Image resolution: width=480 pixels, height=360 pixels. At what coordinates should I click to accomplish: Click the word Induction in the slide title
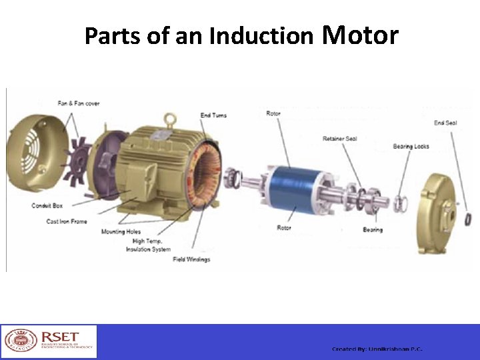pos(261,36)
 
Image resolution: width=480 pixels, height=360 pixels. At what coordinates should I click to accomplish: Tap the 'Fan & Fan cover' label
pos(79,103)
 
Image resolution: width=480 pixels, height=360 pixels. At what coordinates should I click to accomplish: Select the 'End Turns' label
pos(213,115)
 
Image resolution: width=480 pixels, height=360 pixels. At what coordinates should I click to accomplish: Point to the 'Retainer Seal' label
pos(339,139)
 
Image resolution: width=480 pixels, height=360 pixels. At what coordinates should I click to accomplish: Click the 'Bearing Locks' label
pos(411,146)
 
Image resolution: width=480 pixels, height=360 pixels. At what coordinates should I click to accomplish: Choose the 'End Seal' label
pos(445,123)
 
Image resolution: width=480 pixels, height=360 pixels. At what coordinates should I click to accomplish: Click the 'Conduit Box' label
pos(47,205)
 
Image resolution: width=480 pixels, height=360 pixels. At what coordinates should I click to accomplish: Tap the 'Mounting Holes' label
pos(121,232)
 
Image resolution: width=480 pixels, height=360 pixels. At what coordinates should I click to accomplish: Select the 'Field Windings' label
pos(191,259)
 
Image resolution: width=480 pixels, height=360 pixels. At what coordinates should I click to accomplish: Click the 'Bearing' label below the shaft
pos(373,230)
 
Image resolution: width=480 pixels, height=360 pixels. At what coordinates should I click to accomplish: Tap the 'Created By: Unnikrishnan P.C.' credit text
pos(377,349)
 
